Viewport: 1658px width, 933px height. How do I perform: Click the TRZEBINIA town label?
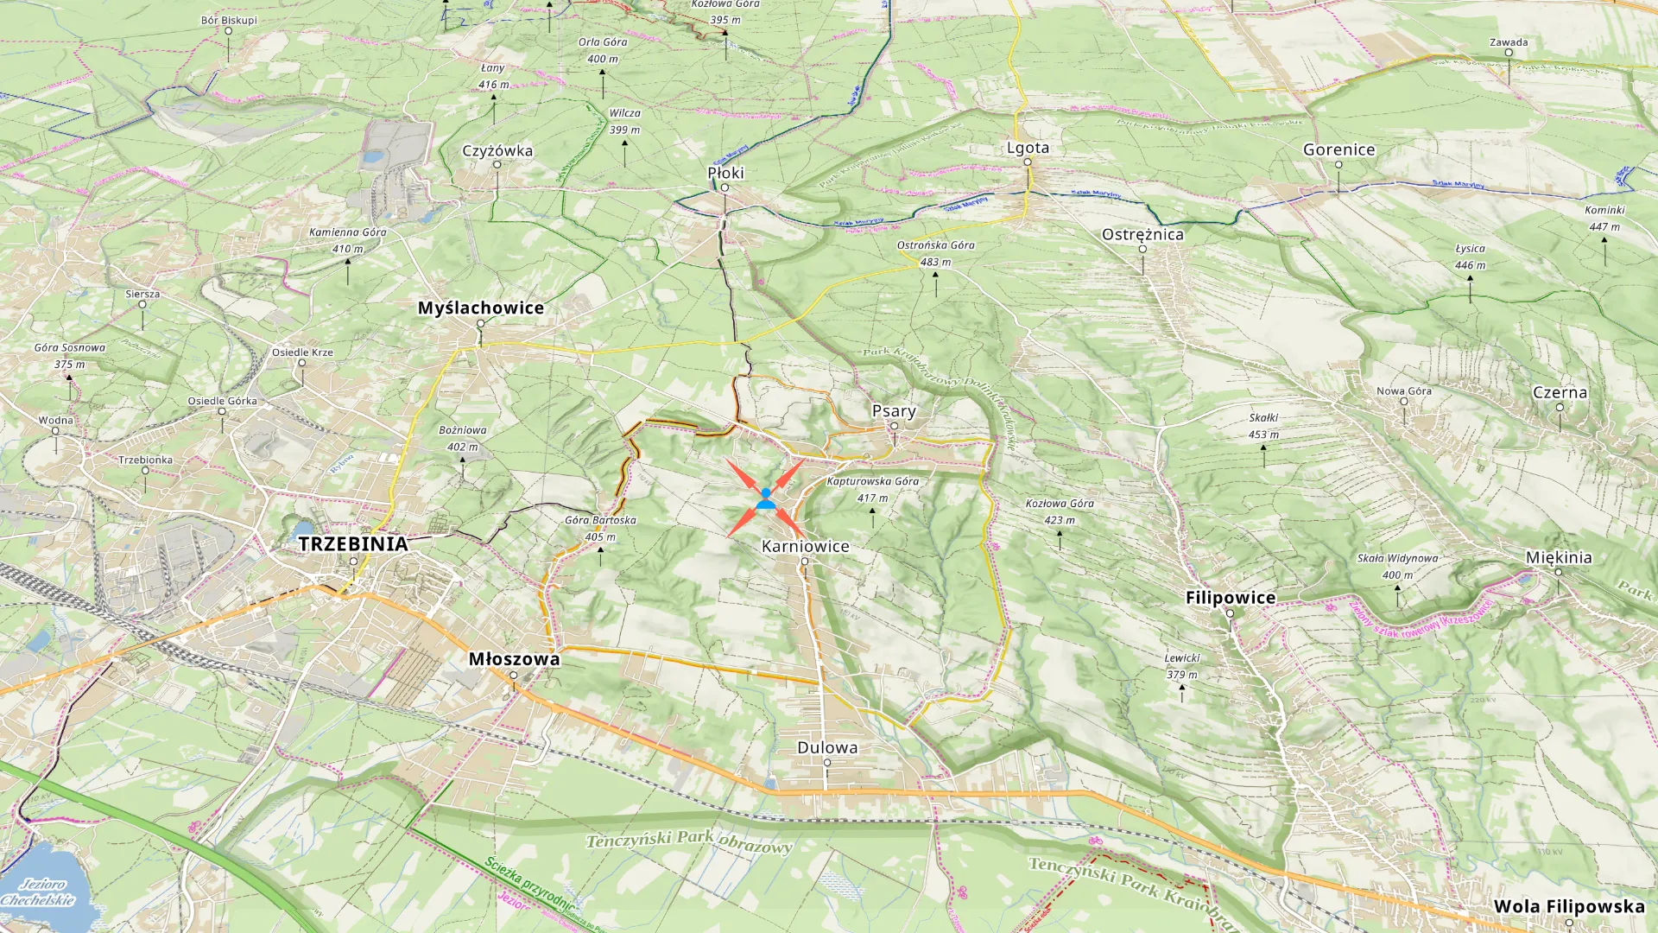[352, 544]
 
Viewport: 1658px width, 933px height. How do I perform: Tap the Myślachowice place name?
[480, 308]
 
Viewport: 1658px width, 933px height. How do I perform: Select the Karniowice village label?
[805, 547]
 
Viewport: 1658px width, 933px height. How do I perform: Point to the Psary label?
[893, 411]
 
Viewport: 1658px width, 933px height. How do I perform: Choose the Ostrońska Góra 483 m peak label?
[935, 253]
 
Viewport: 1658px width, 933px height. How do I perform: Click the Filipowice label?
[1230, 598]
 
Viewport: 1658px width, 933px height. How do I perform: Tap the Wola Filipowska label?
[1568, 906]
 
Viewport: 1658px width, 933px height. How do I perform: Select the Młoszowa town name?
[514, 659]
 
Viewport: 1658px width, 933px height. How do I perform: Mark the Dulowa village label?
[826, 748]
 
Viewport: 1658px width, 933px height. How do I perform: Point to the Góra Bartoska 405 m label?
[600, 528]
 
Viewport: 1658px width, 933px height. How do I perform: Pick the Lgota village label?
[1028, 148]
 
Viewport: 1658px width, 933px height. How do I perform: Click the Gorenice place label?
[1338, 149]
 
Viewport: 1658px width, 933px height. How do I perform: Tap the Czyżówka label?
[497, 150]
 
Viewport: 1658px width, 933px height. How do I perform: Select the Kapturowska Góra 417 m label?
[872, 489]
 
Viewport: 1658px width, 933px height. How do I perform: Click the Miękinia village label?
[1558, 557]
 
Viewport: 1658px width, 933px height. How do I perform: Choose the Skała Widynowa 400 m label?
[1397, 566]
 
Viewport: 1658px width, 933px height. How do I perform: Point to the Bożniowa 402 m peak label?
[462, 438]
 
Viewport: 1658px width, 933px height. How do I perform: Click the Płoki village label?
[725, 173]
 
